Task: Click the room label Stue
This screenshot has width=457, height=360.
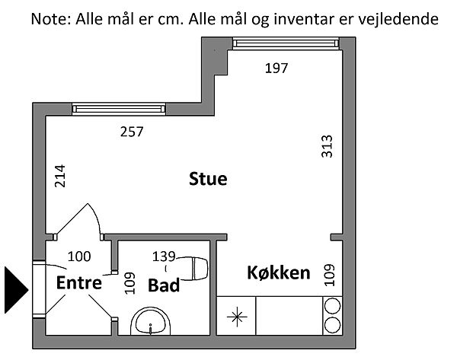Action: [208, 180]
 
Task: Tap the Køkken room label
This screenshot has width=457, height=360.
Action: [279, 272]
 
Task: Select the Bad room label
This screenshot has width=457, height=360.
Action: [164, 285]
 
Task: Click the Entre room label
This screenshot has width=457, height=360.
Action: [79, 283]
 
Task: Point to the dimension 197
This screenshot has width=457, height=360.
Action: [276, 68]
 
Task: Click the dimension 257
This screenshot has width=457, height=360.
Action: [132, 132]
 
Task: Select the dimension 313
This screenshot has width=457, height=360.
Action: [328, 145]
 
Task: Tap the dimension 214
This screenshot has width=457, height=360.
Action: [61, 177]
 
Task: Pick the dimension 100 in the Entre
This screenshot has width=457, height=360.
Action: [80, 256]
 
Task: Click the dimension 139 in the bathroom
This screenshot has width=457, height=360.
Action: [165, 256]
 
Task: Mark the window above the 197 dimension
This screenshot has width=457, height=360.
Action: [284, 43]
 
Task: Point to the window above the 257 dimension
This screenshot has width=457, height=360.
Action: [119, 110]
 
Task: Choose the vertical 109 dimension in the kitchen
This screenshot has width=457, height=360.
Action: [328, 275]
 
